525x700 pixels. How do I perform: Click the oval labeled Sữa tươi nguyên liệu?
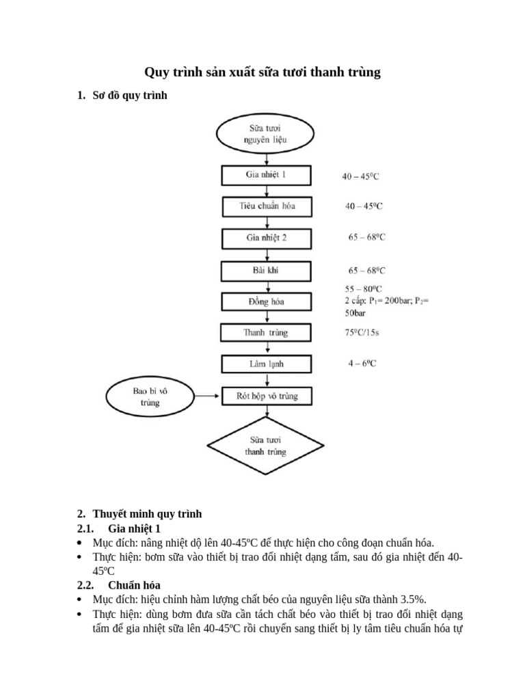[266, 134]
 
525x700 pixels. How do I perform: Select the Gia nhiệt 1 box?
[266, 175]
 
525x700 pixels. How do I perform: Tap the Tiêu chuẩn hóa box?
[266, 206]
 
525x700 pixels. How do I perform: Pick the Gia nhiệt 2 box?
[266, 239]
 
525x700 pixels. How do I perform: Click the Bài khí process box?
[266, 271]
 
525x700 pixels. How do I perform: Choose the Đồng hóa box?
[266, 301]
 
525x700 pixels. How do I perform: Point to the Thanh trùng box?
[266, 333]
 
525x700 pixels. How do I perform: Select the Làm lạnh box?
[266, 364]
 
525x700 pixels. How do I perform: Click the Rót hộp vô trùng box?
[266, 396]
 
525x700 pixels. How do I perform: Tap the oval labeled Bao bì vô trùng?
[150, 396]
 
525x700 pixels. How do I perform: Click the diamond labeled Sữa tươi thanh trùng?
[266, 446]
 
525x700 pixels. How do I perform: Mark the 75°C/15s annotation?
[362, 333]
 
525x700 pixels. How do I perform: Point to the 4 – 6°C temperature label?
[362, 364]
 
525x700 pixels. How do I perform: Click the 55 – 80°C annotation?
[364, 289]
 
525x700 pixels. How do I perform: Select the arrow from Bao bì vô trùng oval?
[207, 396]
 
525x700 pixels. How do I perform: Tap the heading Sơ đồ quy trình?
[130, 96]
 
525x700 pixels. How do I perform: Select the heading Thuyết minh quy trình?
[148, 513]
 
